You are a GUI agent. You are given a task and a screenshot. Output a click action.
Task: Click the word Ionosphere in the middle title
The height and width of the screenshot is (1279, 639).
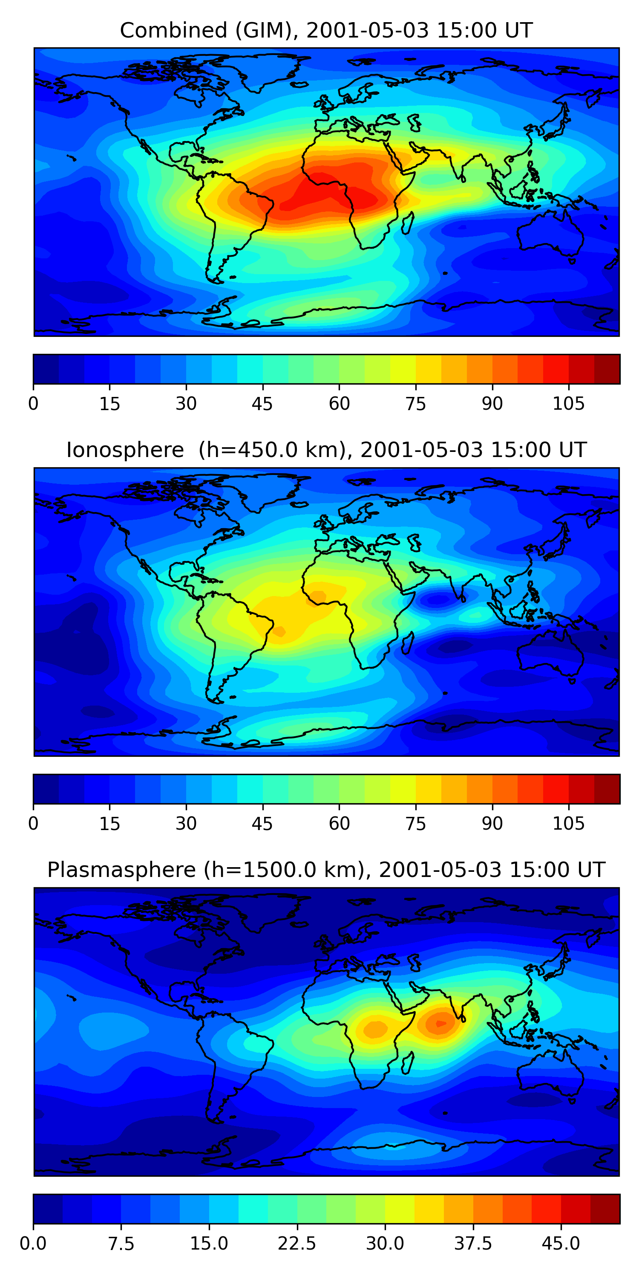[x=125, y=450]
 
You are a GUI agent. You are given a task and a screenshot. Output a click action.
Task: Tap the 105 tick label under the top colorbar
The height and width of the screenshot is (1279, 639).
[x=569, y=404]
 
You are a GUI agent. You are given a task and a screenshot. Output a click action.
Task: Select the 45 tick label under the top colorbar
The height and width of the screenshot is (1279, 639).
[x=262, y=404]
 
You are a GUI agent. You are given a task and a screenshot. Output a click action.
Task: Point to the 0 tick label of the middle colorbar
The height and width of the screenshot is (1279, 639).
[x=33, y=823]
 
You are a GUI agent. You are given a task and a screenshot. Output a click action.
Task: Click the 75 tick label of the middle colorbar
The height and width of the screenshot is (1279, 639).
[x=415, y=823]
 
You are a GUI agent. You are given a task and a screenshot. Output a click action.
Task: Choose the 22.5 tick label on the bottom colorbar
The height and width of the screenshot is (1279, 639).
[x=296, y=1243]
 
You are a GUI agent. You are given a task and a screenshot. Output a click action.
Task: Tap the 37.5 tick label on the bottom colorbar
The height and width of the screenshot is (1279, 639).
[x=473, y=1243]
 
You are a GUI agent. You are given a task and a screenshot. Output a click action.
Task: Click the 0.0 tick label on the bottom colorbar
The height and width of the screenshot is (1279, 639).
[x=33, y=1243]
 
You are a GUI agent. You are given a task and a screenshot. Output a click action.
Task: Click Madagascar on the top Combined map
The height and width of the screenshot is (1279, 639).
[x=408, y=223]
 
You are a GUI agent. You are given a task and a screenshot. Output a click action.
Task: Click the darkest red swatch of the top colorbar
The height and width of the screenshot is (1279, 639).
[x=607, y=369]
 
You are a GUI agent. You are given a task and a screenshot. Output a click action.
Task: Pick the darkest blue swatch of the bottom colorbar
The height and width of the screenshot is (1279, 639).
[x=48, y=1209]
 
